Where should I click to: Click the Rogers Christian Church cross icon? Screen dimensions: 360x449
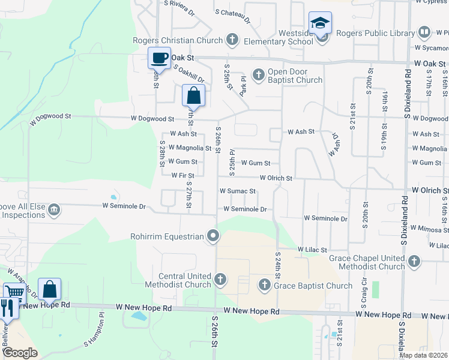pyautogui.click(x=232, y=41)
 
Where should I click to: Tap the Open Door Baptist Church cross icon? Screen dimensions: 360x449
pyautogui.click(x=259, y=75)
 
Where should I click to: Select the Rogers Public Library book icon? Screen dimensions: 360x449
pyautogui.click(x=424, y=33)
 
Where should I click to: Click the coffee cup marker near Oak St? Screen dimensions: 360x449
pyautogui.click(x=159, y=58)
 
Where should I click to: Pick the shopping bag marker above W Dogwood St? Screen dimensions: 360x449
pyautogui.click(x=193, y=95)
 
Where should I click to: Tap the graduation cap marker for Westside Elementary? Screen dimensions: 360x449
pyautogui.click(x=321, y=24)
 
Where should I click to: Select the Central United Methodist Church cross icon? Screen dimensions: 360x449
pyautogui.click(x=220, y=279)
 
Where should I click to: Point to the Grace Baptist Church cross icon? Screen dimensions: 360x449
pyautogui.click(x=265, y=285)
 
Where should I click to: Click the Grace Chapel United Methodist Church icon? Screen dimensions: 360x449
pyautogui.click(x=414, y=260)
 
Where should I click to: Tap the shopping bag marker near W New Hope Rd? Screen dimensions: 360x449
pyautogui.click(x=49, y=289)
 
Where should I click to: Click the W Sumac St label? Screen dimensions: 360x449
pyautogui.click(x=238, y=191)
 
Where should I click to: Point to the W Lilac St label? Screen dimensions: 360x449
pyautogui.click(x=312, y=249)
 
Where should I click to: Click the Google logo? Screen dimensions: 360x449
pyautogui.click(x=19, y=352)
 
